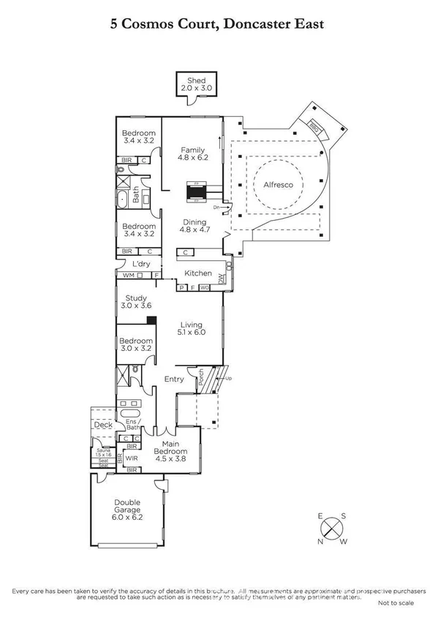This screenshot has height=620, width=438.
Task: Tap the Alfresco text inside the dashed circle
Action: pos(278,185)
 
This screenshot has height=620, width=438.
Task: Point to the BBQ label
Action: pos(314,126)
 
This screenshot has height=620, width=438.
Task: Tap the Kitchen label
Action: pos(197,273)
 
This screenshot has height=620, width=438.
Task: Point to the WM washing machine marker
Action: pos(128,276)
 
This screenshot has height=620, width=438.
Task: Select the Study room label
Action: pos(137,298)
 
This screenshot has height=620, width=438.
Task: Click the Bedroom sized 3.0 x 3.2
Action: pos(137,345)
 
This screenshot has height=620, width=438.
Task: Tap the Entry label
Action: pos(174,379)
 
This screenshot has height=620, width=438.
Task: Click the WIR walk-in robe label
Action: pos(132,458)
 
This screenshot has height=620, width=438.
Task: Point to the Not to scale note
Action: pos(396,604)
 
